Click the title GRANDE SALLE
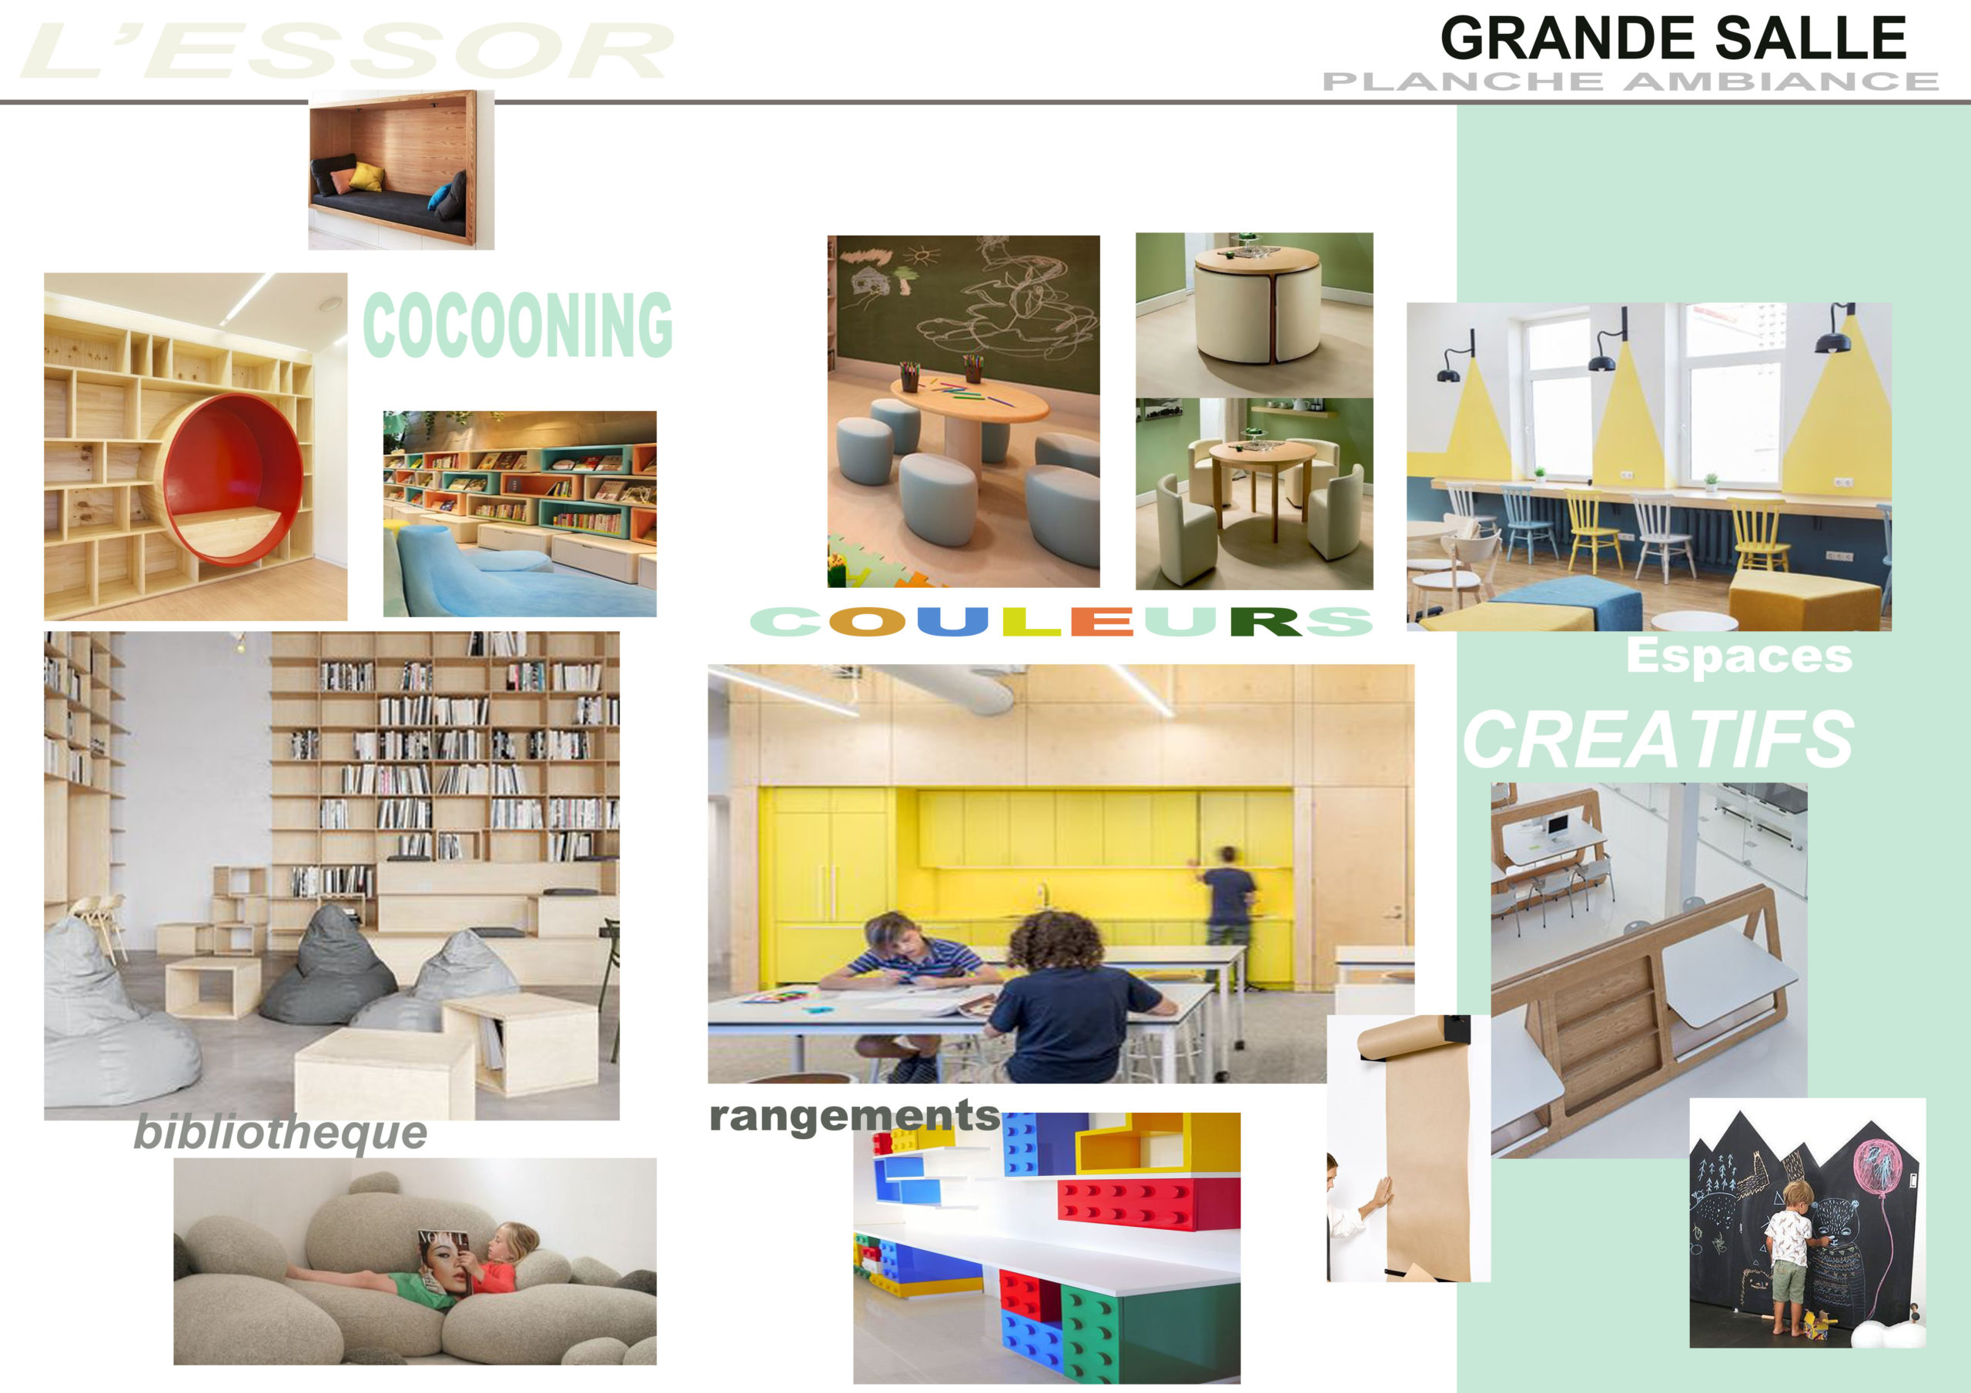coord(1673,38)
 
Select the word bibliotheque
coord(281,1133)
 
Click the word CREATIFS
coord(1658,740)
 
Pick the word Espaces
coord(1739,656)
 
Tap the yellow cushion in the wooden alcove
coord(366,176)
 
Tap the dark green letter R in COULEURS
coord(1265,620)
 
